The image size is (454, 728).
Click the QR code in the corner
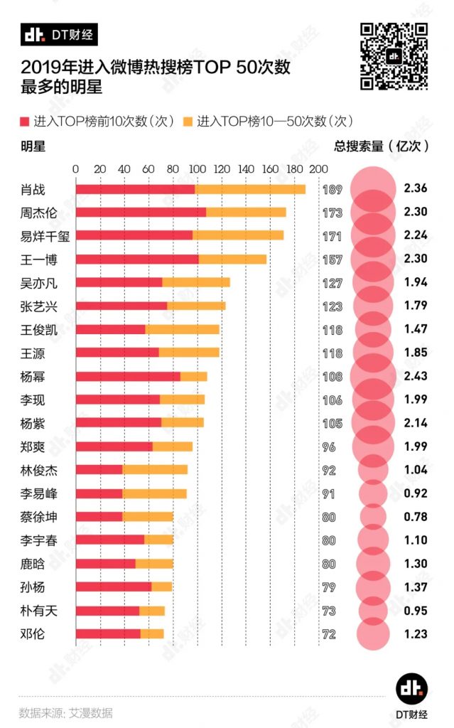click(x=394, y=57)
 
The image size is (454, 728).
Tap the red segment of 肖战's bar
click(x=135, y=190)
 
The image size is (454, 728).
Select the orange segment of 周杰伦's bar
click(x=246, y=213)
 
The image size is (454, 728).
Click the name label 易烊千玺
click(x=44, y=235)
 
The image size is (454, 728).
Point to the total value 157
click(x=332, y=259)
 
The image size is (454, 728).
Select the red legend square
click(x=26, y=121)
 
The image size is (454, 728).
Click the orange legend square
click(x=188, y=121)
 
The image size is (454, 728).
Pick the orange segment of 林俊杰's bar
click(x=155, y=470)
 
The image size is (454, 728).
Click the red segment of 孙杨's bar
click(x=114, y=587)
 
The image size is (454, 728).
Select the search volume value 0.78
click(x=415, y=517)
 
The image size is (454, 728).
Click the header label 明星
click(x=33, y=146)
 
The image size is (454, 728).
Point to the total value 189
click(x=332, y=190)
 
